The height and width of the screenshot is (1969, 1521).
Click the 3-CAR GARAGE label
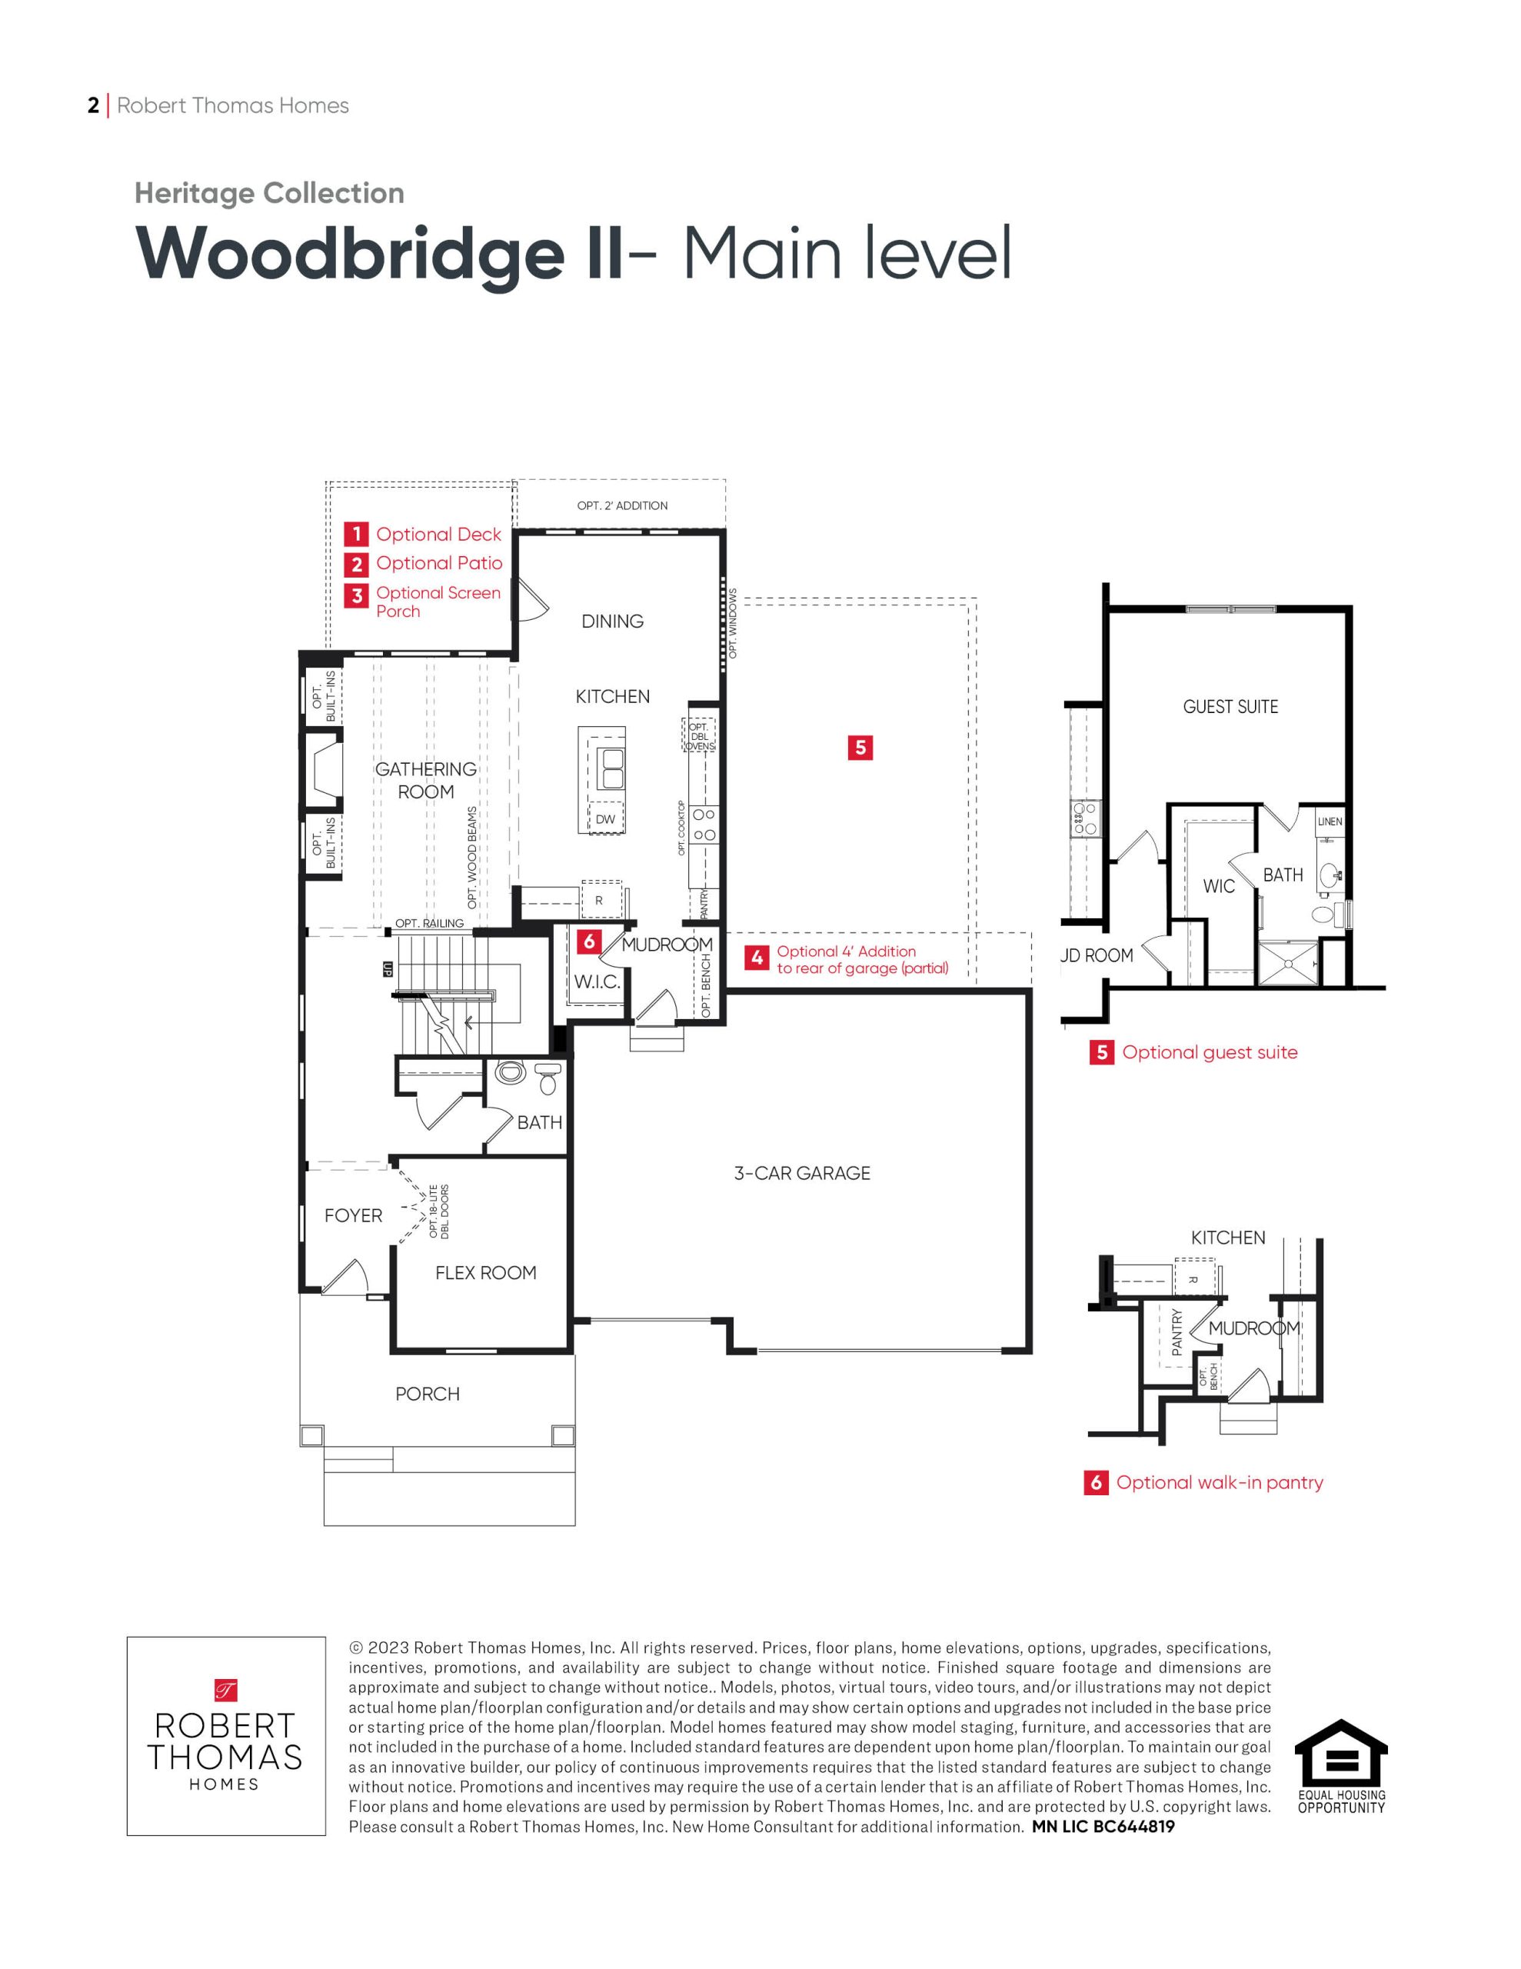[801, 1173]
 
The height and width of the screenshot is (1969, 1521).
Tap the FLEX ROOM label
[485, 1272]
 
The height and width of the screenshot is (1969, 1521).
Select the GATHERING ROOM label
[425, 780]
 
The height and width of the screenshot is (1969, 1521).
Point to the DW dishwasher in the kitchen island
[605, 819]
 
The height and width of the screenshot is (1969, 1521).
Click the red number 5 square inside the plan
[860, 747]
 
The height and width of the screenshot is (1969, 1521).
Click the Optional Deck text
[438, 534]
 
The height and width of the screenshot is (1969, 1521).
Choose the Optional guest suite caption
[1209, 1052]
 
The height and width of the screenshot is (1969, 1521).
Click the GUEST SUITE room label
[1230, 707]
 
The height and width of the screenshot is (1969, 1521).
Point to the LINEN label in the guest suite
[1330, 821]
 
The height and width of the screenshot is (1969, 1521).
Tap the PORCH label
[428, 1394]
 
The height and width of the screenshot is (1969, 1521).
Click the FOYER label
[354, 1215]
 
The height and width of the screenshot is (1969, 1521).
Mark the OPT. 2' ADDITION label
[622, 506]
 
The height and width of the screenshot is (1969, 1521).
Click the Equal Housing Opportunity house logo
[1341, 1753]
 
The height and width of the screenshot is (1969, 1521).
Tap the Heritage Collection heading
[268, 193]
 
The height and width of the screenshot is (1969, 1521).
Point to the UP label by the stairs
[388, 970]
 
